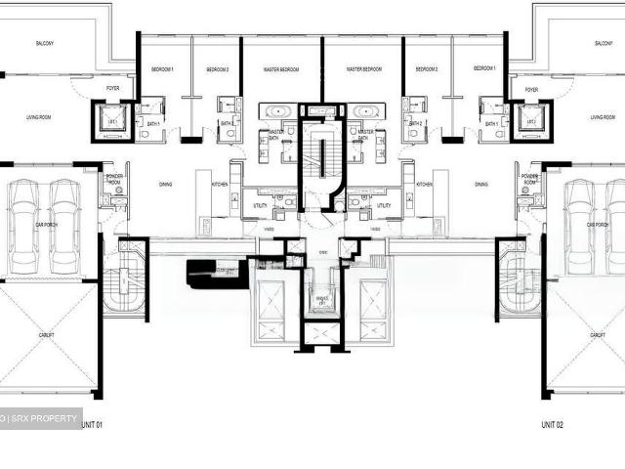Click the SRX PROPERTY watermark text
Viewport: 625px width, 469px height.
(44, 418)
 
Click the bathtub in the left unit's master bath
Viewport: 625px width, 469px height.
(275, 110)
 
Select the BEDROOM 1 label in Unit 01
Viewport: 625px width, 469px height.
(162, 70)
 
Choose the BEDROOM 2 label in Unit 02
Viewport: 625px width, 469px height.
(426, 70)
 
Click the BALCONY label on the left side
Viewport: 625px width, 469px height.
(45, 44)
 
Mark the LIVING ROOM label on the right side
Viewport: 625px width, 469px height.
(603, 117)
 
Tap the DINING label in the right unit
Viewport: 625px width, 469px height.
(481, 184)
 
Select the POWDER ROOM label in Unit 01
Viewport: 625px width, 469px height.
(113, 180)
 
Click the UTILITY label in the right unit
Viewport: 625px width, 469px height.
(384, 206)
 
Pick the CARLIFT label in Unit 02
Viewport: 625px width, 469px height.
(597, 334)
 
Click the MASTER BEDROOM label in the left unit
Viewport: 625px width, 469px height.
(281, 70)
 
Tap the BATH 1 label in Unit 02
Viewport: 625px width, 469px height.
(490, 123)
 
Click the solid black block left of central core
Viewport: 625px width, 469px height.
(210, 273)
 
